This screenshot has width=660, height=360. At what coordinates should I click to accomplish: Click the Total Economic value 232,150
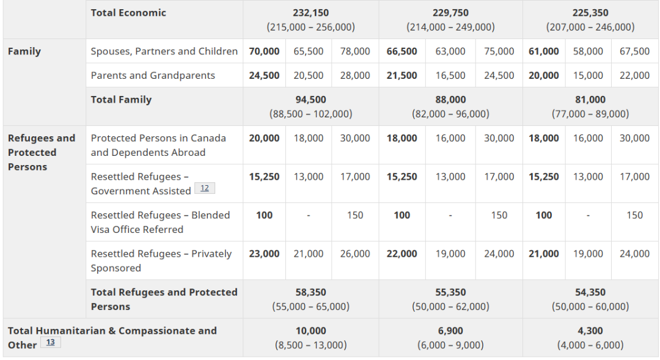pos(310,13)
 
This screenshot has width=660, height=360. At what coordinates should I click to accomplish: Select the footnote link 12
pos(205,188)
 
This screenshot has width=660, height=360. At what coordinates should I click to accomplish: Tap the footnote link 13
pos(51,342)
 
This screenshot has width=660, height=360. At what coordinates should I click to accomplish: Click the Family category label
pos(24,51)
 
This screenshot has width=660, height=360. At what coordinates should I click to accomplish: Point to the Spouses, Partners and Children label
pos(164,51)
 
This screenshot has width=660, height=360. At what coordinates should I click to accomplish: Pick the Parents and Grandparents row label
pos(153,75)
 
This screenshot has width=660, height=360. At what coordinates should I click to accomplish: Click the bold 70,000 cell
pos(264,51)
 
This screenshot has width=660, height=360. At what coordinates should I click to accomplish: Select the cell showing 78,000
pos(355,51)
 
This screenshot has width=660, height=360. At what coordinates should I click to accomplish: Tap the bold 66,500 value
pos(402,51)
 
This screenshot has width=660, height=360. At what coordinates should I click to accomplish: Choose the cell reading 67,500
pos(634,51)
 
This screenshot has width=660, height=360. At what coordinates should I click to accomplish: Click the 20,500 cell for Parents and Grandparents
pos(309,75)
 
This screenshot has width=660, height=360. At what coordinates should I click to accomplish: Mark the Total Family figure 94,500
pos(310,100)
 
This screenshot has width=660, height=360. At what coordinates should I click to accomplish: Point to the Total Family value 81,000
pos(590,100)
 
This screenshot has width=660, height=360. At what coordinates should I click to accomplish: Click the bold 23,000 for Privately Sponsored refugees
pos(264,254)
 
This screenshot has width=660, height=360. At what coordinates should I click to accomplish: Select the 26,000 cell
pos(355,254)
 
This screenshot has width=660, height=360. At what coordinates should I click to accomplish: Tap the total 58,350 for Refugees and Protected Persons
pos(310,292)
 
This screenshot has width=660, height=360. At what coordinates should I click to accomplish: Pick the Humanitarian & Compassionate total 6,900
pos(450,331)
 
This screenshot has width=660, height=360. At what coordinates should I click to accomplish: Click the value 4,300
pos(590,331)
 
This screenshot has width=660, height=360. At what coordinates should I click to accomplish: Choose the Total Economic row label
pos(128,13)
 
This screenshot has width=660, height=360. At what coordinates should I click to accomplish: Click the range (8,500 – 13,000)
pos(310,345)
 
